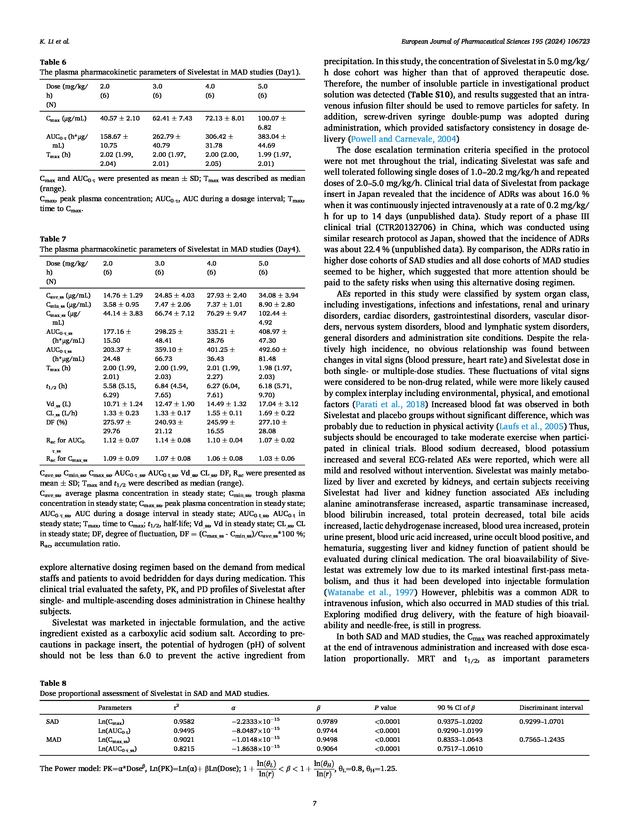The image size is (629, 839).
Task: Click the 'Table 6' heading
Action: [53, 62]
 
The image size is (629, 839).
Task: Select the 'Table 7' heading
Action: [53, 239]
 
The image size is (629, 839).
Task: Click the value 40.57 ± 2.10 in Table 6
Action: [120, 118]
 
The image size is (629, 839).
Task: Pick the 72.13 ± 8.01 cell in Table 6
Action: [225, 118]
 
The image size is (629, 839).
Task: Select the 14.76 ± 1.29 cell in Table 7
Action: [123, 295]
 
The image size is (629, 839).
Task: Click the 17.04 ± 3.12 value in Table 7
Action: [278, 404]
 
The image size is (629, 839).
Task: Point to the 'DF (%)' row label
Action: [57, 422]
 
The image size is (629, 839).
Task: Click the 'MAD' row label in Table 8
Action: [54, 740]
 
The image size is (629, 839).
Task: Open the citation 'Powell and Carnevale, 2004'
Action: [404, 139]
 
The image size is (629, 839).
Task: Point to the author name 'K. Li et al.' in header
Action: [55, 41]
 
